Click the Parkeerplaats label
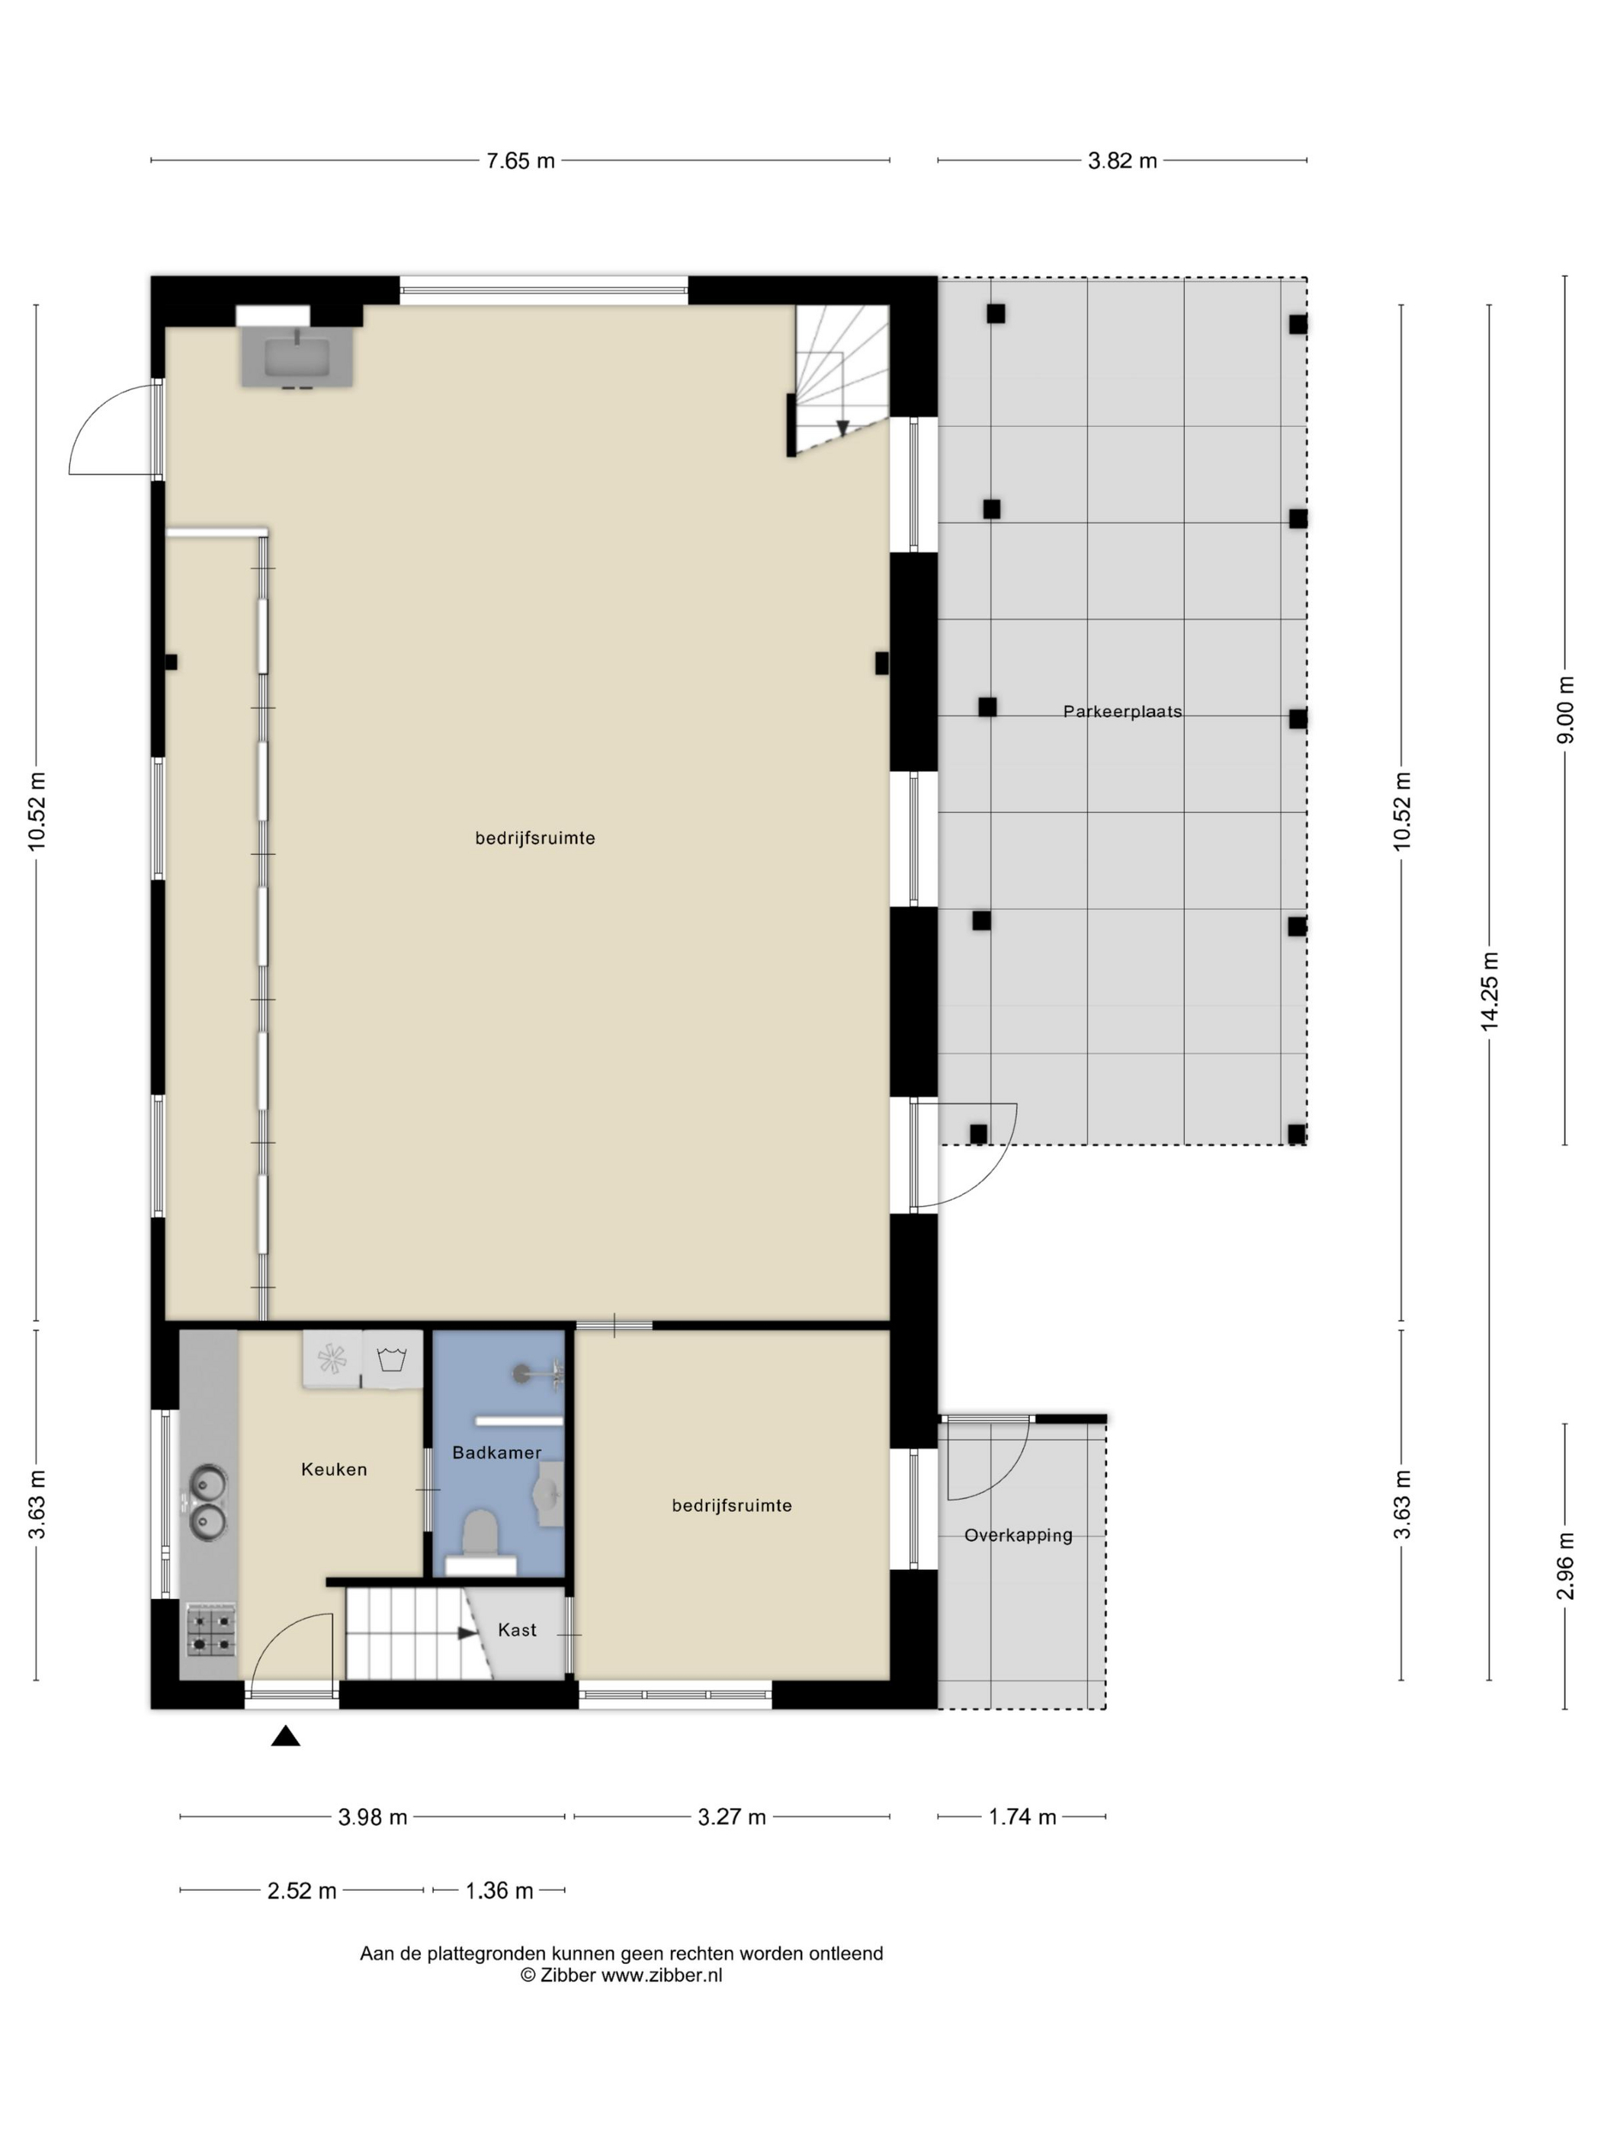point(1121,712)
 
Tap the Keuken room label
point(334,1469)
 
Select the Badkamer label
point(497,1452)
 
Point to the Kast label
point(517,1629)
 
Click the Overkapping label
point(1018,1535)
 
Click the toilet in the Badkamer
point(480,1539)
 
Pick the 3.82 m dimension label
point(1122,161)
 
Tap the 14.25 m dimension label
point(1490,991)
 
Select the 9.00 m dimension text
point(1565,710)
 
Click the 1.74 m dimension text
point(1022,1818)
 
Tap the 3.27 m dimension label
point(731,1818)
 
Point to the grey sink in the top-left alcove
point(297,357)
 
